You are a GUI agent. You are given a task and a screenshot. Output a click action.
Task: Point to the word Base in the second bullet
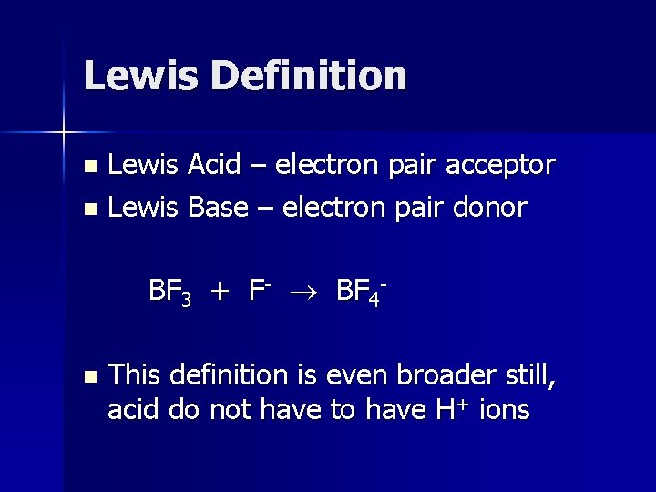[x=219, y=208]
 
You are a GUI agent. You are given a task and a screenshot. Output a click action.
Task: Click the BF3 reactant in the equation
[x=169, y=292]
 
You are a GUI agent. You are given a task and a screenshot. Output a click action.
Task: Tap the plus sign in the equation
[x=220, y=292]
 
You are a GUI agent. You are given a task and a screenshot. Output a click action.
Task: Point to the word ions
[x=503, y=410]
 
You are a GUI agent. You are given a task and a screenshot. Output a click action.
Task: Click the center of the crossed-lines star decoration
[x=64, y=133]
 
